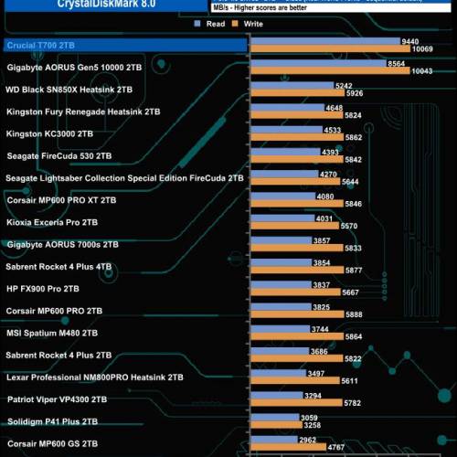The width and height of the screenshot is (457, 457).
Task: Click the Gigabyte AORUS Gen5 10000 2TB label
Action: coord(74,68)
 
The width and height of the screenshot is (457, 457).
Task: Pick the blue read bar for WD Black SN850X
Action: coord(292,86)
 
